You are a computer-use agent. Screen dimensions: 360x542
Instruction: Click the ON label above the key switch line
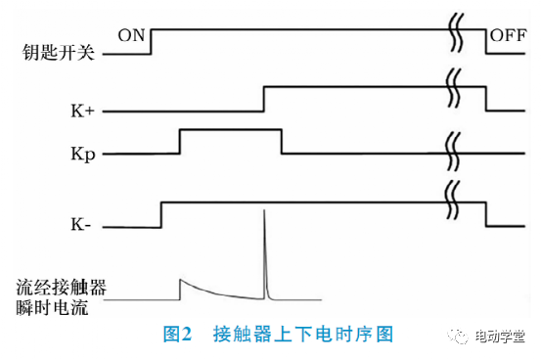click(x=131, y=35)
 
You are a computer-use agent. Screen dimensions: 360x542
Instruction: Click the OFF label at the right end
click(x=509, y=35)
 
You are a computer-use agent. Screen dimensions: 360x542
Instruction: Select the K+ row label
click(x=82, y=112)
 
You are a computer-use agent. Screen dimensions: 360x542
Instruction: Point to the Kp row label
click(x=83, y=154)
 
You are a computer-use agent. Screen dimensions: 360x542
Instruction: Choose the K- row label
click(x=82, y=227)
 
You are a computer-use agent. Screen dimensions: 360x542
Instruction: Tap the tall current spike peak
click(x=264, y=211)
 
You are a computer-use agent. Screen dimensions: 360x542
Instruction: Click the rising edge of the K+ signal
click(x=264, y=99)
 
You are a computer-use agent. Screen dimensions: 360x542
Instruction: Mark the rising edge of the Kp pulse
click(x=180, y=141)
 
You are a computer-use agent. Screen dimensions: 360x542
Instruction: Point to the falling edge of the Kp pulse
click(x=282, y=141)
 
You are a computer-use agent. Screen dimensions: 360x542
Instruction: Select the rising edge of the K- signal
click(x=161, y=214)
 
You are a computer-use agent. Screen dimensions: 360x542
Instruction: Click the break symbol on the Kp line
click(x=453, y=153)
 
